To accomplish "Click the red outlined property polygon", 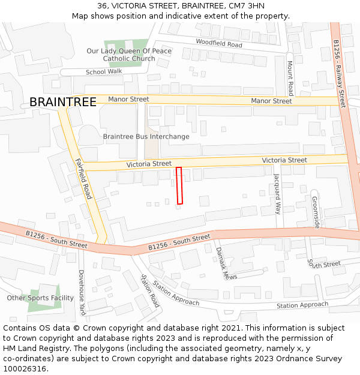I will [x=179, y=185].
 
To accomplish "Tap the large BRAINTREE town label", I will [x=62, y=102].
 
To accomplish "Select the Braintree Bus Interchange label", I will [x=146, y=137].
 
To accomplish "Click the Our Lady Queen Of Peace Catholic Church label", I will [x=128, y=55].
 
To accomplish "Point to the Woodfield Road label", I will [x=218, y=43].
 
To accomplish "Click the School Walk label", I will [x=104, y=71].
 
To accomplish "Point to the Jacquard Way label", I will [x=277, y=194].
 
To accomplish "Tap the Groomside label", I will [x=316, y=212].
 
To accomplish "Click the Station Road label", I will [x=149, y=291].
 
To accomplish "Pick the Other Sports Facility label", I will [x=40, y=298].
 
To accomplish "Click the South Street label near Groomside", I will [x=324, y=264].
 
